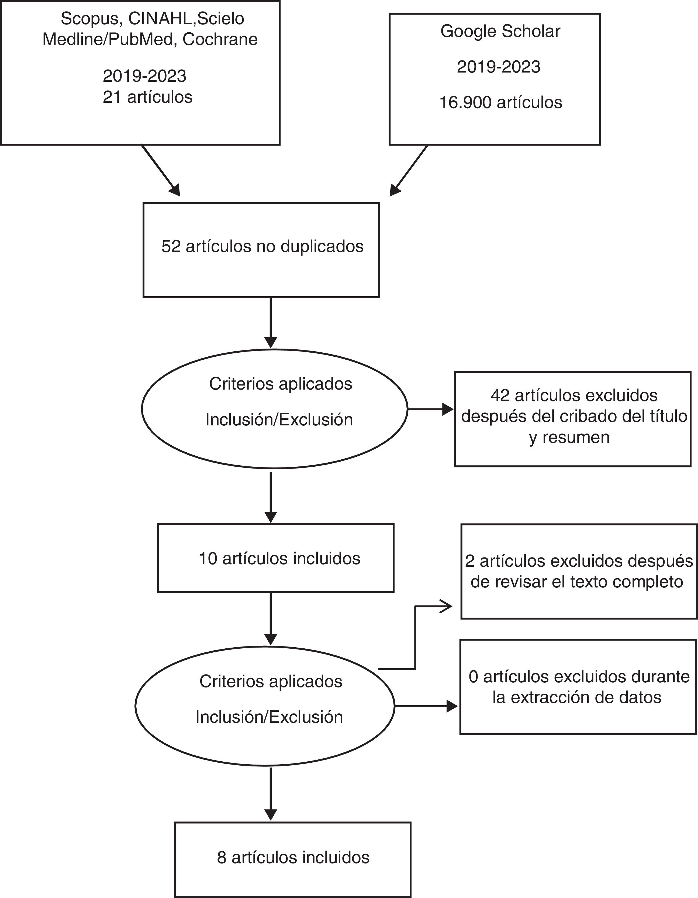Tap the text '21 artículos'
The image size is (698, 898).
pos(148,97)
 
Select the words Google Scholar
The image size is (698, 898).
pos(500,32)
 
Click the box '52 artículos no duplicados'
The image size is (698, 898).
pos(261,250)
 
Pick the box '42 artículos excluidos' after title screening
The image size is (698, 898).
pos(573,419)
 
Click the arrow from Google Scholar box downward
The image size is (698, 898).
pos(409,170)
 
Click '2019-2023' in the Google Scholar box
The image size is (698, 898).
pos(499,67)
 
